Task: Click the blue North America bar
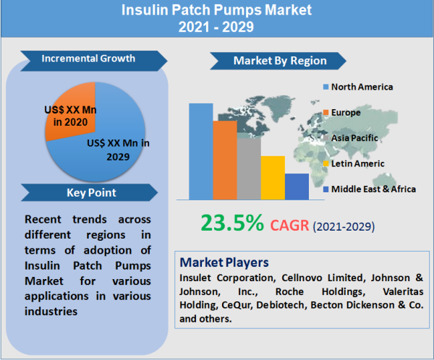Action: pos(201,151)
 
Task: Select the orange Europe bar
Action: pos(225,160)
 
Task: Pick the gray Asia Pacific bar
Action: pos(249,168)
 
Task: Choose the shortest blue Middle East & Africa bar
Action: pos(297,187)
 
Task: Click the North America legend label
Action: pos(362,87)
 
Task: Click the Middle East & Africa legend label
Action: pos(373,189)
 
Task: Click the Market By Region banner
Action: pos(279,61)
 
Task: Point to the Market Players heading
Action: pos(224,261)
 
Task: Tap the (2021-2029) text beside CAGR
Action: pos(344,226)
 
